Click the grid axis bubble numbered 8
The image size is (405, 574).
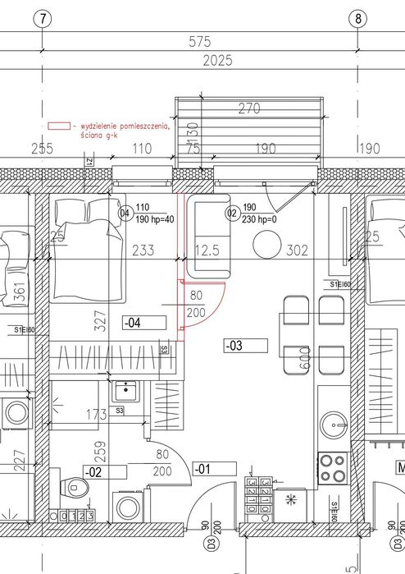(357, 17)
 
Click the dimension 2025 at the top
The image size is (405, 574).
(216, 60)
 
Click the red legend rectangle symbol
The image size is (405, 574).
(59, 127)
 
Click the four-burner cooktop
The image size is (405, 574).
(332, 468)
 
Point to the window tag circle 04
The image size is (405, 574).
(125, 214)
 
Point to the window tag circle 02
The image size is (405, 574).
(231, 214)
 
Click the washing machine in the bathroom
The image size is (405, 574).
(129, 504)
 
